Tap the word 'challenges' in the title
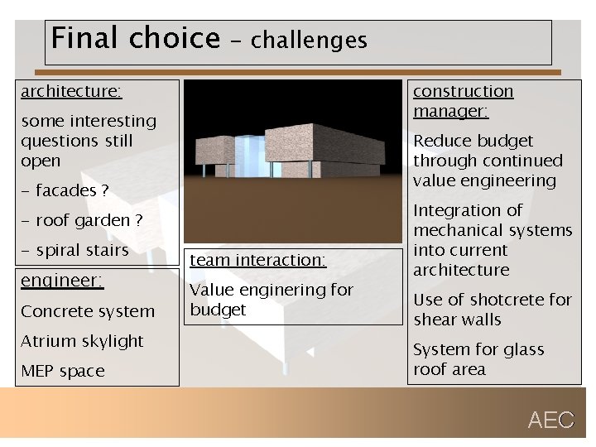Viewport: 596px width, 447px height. pos(309,40)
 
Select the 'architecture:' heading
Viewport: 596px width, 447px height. pos(71,91)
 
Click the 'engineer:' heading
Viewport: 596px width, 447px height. pos(62,281)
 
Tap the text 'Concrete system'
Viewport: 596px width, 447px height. pos(88,311)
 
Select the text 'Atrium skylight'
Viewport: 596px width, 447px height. pos(82,341)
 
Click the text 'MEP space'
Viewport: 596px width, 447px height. pos(63,371)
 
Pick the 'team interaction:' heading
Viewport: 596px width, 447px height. pos(258,260)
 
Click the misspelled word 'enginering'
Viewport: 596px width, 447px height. pos(282,290)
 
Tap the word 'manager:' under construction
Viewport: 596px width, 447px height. pos(450,111)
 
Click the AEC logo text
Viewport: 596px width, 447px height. pos(550,421)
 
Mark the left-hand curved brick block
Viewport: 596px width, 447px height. pos(215,150)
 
